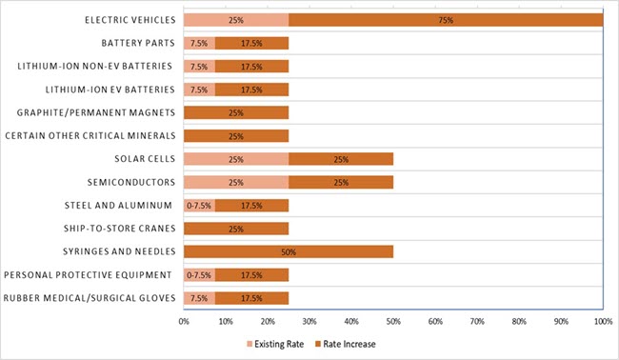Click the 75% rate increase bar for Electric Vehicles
[446, 20]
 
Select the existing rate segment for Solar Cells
[236, 159]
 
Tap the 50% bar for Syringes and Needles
[289, 251]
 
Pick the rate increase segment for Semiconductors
[341, 182]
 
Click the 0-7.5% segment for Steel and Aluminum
[199, 206]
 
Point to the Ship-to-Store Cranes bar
[236, 229]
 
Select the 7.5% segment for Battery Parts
[199, 44]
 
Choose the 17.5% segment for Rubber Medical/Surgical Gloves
[251, 298]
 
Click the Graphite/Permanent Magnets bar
[236, 113]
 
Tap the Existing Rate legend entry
[275, 344]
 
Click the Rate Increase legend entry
[346, 344]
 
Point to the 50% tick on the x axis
[393, 321]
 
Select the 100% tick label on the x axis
[603, 321]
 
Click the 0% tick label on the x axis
[184, 321]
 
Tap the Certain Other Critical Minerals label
[90, 136]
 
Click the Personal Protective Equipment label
[88, 274]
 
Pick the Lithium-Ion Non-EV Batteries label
[94, 66]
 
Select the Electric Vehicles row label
[130, 20]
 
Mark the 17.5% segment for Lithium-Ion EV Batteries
[251, 90]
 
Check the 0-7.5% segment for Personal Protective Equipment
[199, 275]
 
